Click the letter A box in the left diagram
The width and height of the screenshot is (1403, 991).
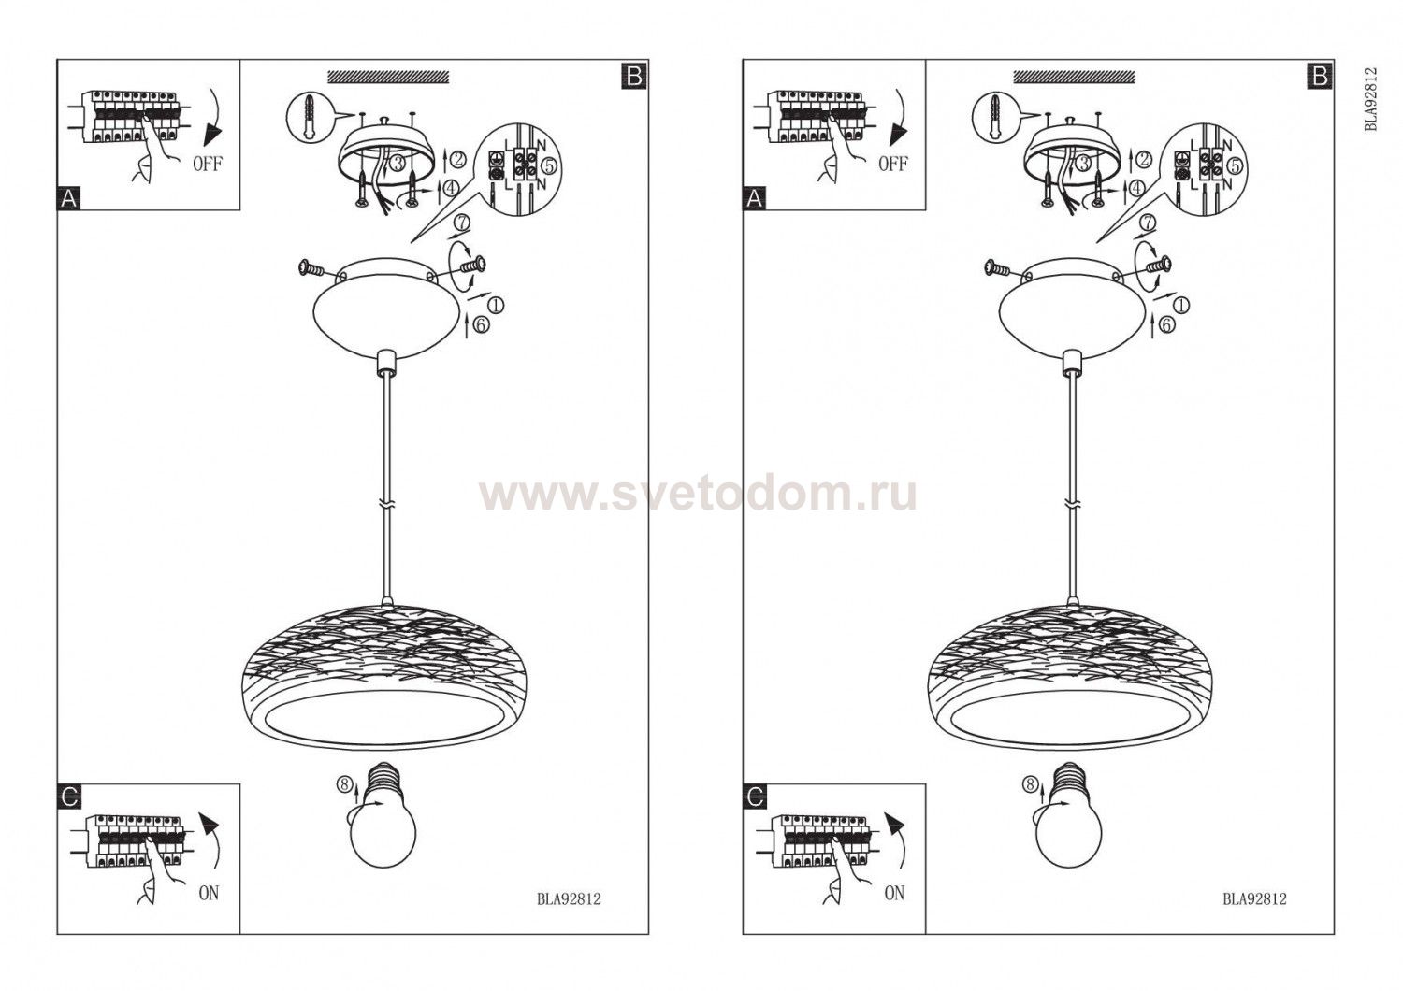point(69,199)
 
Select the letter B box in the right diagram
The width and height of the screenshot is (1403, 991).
point(1320,77)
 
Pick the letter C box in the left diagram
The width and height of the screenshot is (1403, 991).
point(69,797)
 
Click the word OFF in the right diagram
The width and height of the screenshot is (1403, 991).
point(893,165)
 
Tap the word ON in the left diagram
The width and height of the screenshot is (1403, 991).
point(209,894)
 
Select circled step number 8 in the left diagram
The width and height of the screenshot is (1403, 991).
point(344,784)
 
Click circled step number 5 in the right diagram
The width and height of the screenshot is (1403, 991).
point(1235,165)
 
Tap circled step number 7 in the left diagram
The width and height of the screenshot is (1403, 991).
point(462,223)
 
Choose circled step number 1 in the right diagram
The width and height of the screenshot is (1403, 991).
point(1180,305)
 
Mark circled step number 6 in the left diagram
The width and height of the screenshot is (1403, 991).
point(481,325)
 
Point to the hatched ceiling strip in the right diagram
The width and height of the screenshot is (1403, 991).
point(1074,77)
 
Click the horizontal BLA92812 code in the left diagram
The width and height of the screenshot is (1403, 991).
point(569,899)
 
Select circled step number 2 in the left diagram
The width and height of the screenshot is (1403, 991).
point(458,159)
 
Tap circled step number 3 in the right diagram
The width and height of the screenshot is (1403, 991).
point(1084,164)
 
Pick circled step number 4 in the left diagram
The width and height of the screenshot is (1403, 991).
point(451,187)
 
